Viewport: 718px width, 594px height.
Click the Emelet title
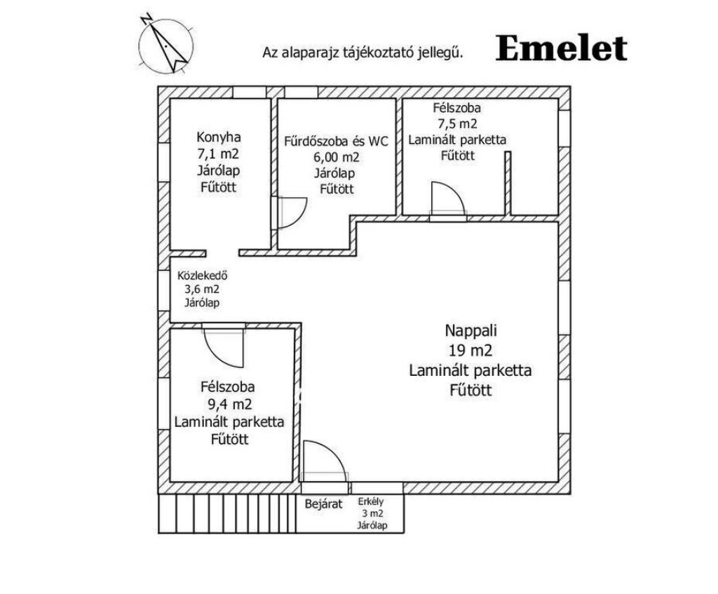click(561, 48)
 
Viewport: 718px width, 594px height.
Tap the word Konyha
click(217, 137)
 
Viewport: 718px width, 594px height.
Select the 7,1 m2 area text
click(217, 154)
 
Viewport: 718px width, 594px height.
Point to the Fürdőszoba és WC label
click(336, 140)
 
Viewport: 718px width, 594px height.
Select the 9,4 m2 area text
click(229, 404)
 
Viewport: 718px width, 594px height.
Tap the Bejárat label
click(323, 503)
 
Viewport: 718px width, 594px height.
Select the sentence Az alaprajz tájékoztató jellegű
click(363, 51)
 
